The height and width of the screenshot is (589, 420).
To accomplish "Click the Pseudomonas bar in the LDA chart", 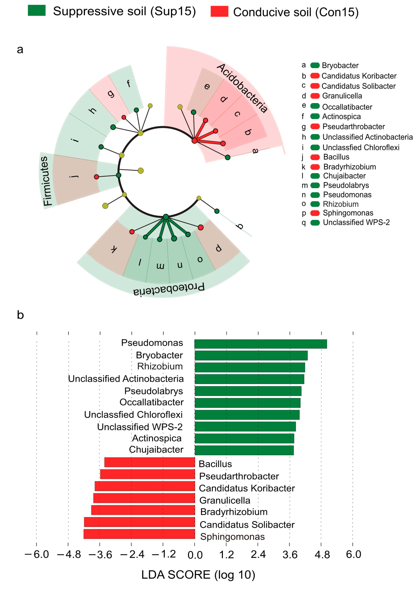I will pyautogui.click(x=260, y=344).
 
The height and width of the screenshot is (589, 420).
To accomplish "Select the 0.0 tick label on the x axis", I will pyautogui.click(x=195, y=555).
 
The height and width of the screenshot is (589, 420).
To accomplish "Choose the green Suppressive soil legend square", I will pyautogui.click(x=37, y=11).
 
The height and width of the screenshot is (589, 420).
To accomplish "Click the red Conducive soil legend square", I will pyautogui.click(x=219, y=11).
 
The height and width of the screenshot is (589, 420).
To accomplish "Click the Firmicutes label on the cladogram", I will pyautogui.click(x=46, y=181).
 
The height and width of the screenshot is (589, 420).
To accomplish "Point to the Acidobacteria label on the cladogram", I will pyautogui.click(x=242, y=88).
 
